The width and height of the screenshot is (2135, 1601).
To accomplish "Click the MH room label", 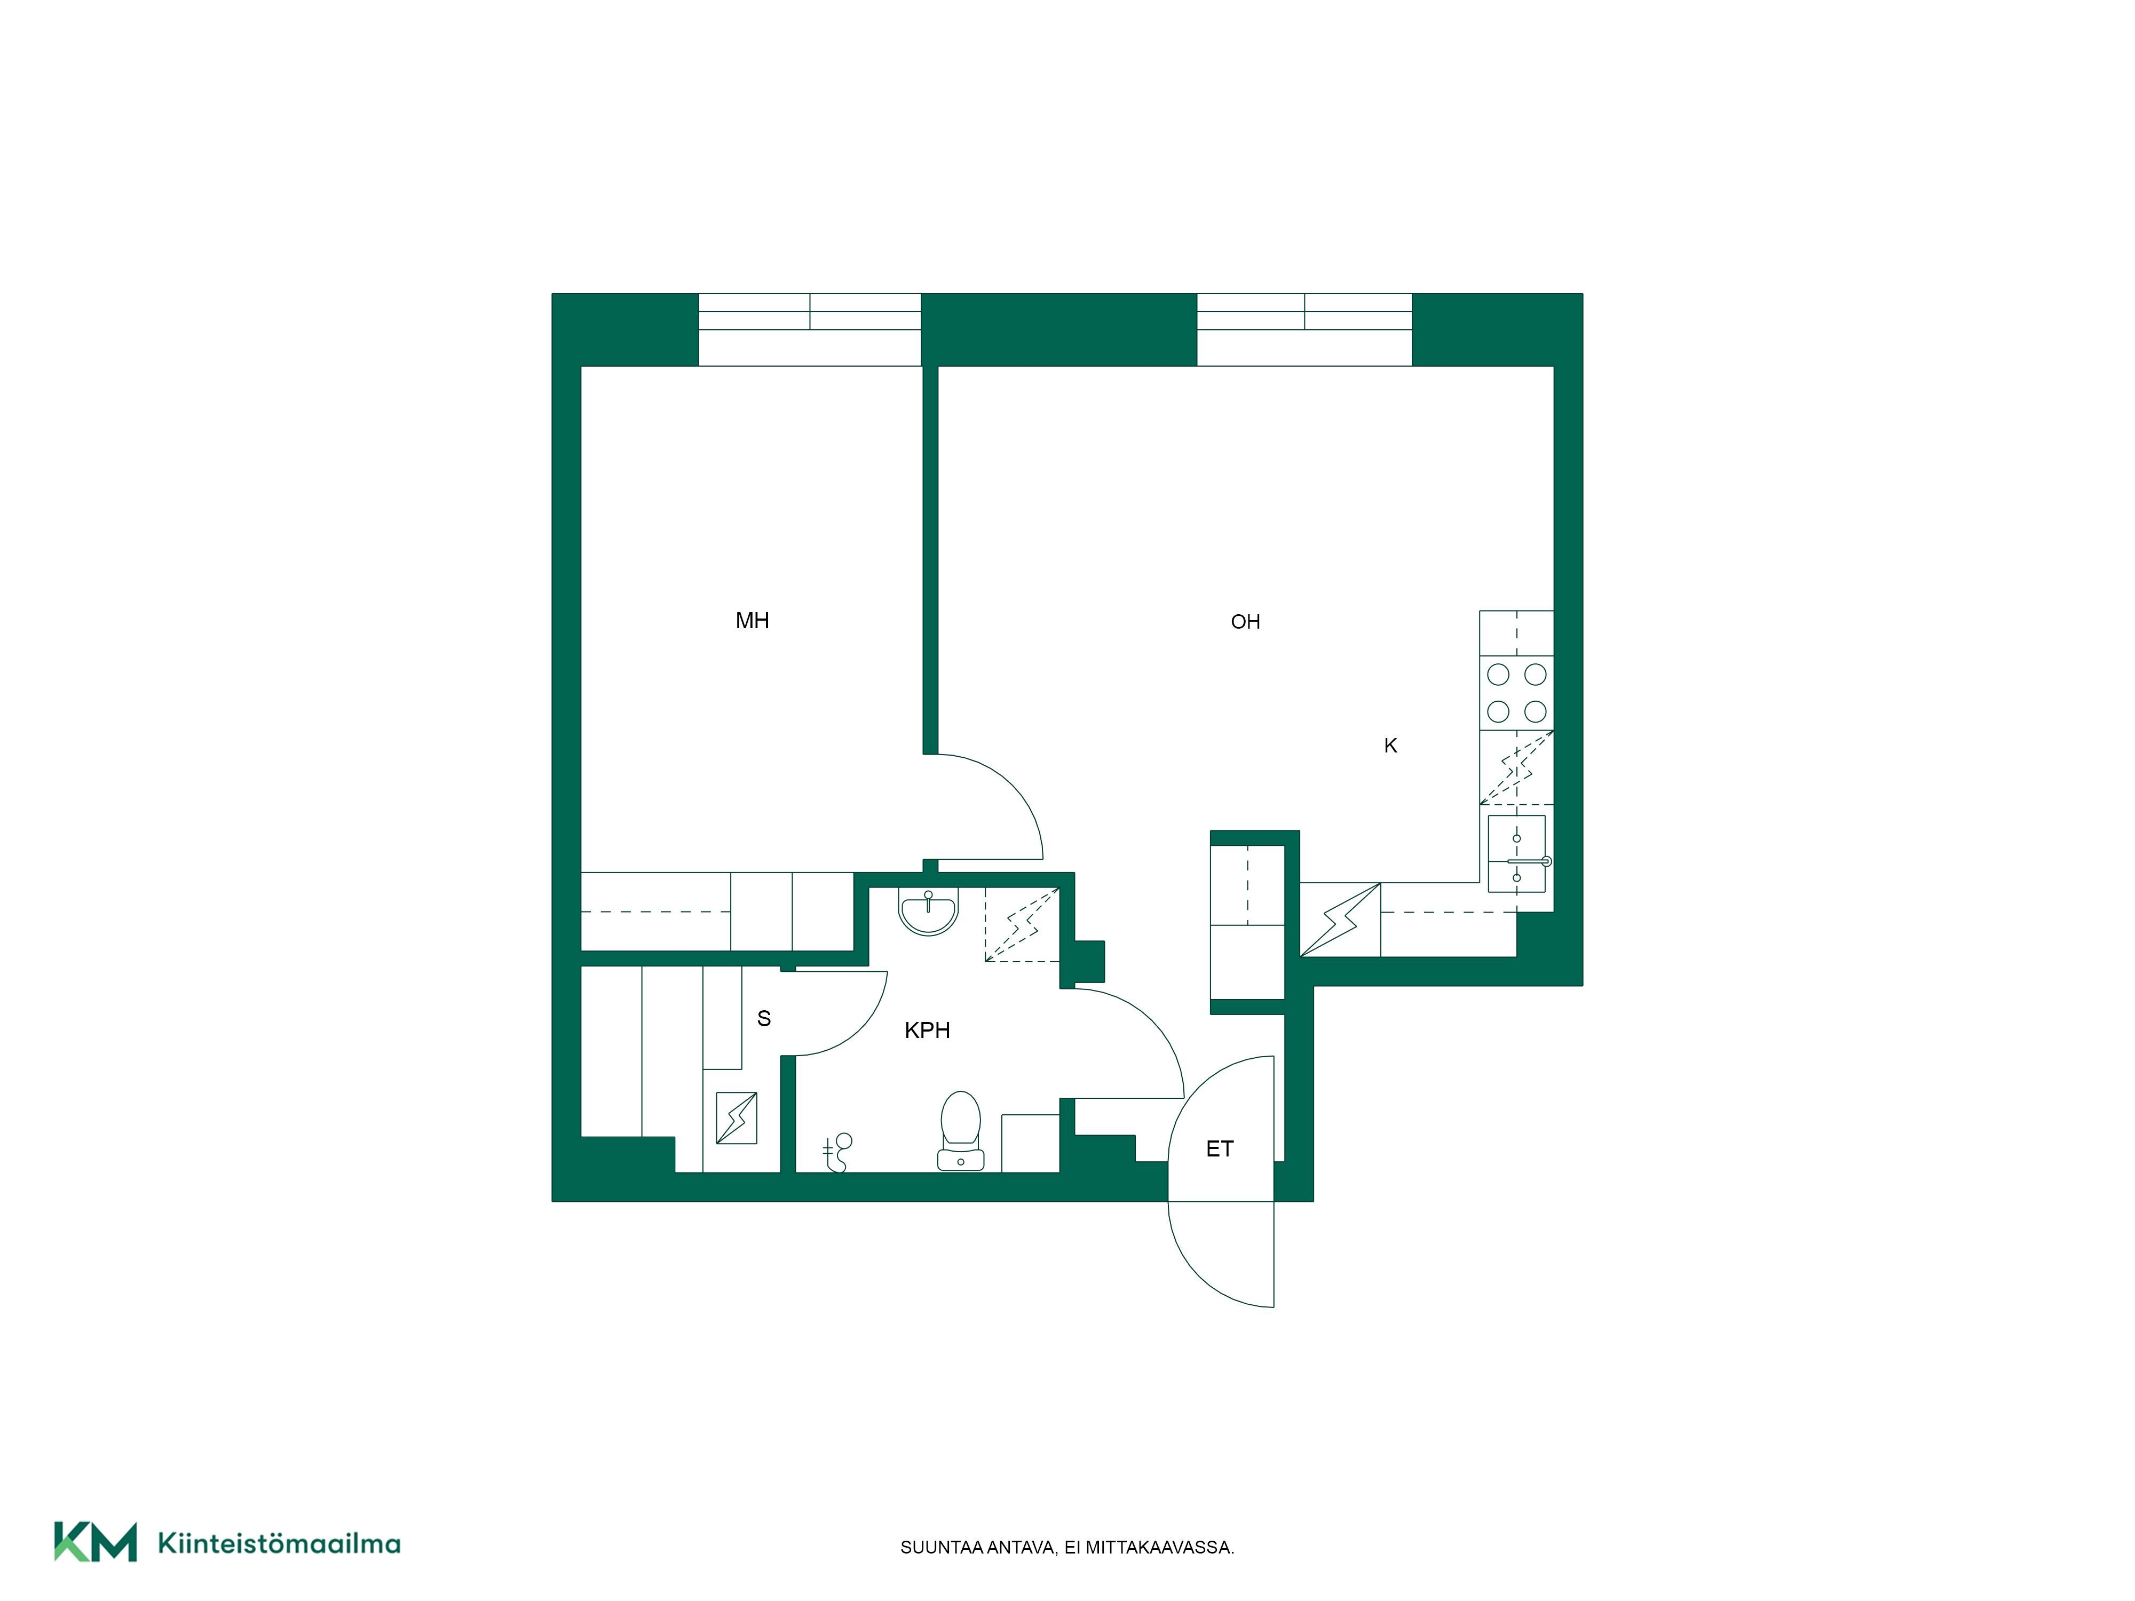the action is (x=752, y=621).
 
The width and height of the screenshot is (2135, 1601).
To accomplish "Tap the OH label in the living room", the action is (x=1245, y=622).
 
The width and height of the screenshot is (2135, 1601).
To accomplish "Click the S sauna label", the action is (x=763, y=1018).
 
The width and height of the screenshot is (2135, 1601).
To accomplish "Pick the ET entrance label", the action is (x=1219, y=1148).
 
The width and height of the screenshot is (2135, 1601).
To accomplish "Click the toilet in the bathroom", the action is (x=960, y=1130).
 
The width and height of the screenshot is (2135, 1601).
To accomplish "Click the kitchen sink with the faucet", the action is (x=1517, y=854).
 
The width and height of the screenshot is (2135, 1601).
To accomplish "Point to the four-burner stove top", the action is (x=1516, y=693).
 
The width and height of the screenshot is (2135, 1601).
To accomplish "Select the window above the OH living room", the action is (x=1304, y=329).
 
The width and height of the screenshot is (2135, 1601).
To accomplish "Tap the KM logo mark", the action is (x=94, y=1541).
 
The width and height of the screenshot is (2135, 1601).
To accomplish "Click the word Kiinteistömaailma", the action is (x=279, y=1543).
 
